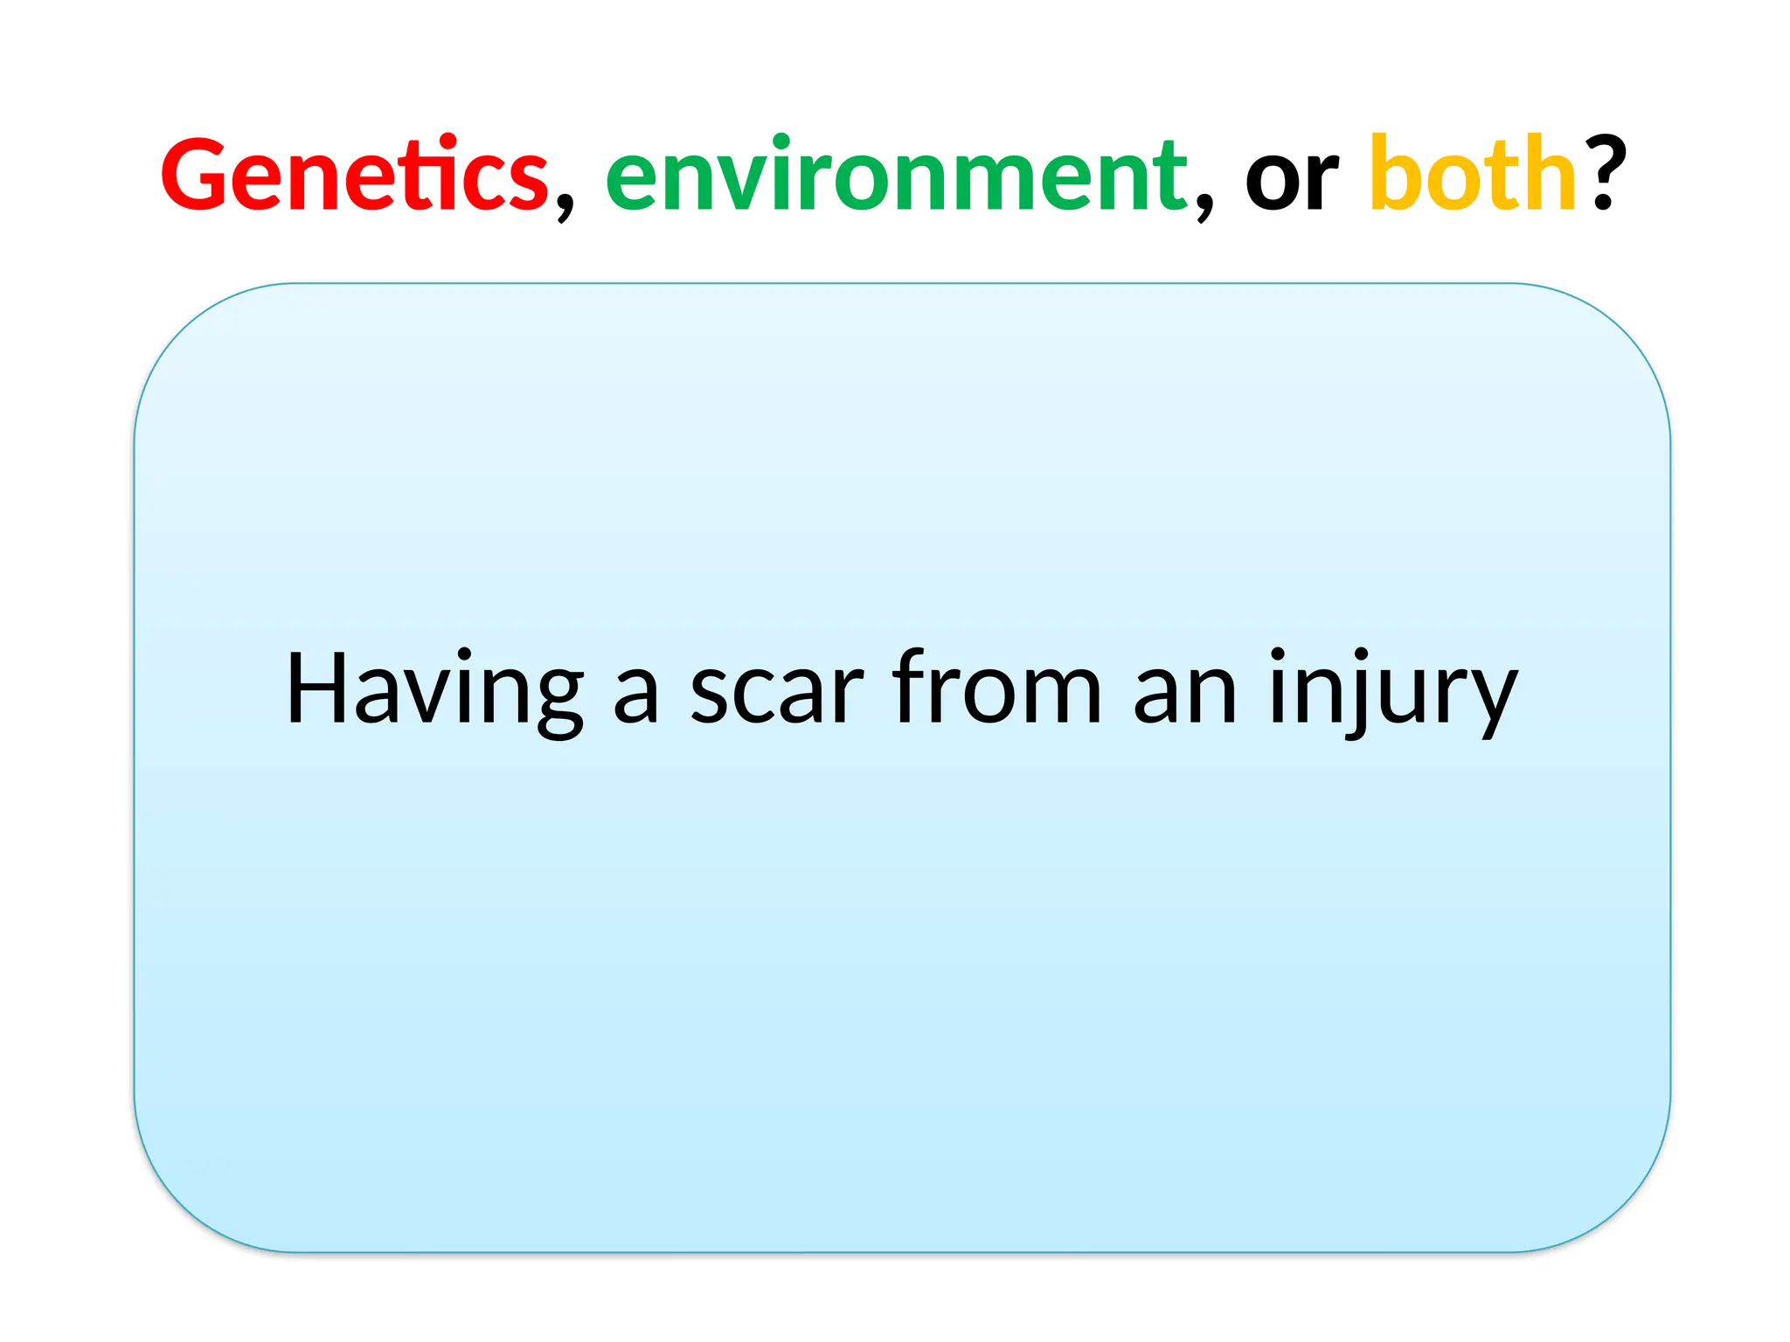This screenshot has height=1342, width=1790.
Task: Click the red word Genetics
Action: pyautogui.click(x=354, y=175)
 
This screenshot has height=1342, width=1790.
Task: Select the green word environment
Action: pyautogui.click(x=896, y=175)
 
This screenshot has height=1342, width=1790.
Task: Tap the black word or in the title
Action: pyautogui.click(x=1291, y=179)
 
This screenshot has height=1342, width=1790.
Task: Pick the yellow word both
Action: pyautogui.click(x=1473, y=175)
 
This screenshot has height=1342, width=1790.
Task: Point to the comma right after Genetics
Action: pyautogui.click(x=565, y=205)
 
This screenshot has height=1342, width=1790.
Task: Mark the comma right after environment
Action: pyautogui.click(x=1204, y=205)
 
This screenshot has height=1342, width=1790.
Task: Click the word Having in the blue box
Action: pyautogui.click(x=434, y=690)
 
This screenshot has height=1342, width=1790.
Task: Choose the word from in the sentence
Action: pyautogui.click(x=996, y=690)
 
